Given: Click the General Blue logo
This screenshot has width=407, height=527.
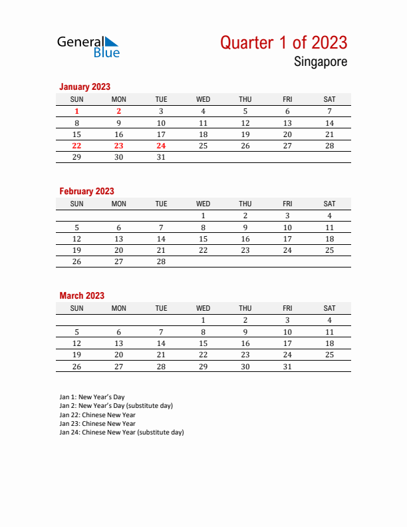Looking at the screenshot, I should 88,46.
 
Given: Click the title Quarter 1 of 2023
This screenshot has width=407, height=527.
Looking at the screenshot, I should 283,43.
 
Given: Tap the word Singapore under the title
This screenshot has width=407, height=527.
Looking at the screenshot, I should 320,63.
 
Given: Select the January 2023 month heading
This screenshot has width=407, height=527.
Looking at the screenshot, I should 84,87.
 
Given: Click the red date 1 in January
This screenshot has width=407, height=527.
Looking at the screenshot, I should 76,112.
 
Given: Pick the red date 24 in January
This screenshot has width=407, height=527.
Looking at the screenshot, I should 161,146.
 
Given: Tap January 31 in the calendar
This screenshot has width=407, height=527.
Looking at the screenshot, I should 161,157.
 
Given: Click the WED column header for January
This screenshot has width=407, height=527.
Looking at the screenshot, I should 203,99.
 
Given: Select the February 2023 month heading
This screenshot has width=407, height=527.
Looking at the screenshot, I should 86,191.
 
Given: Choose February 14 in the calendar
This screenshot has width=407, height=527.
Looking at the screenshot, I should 161,239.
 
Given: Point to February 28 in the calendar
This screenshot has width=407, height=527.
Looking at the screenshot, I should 161,262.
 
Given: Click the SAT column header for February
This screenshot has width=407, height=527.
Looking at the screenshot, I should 329,204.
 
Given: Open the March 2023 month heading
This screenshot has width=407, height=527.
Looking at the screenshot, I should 82,295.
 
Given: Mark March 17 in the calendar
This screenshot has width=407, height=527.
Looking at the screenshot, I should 287,343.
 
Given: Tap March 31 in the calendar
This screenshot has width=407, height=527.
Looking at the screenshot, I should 287,366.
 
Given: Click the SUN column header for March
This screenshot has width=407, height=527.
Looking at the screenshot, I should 76,308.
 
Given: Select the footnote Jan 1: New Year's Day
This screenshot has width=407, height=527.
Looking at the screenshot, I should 96,397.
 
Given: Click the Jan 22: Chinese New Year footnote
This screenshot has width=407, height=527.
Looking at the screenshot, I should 97,415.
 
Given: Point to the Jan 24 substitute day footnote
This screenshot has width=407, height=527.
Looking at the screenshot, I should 121,432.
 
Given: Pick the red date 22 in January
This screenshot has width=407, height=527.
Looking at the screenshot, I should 76,146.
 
